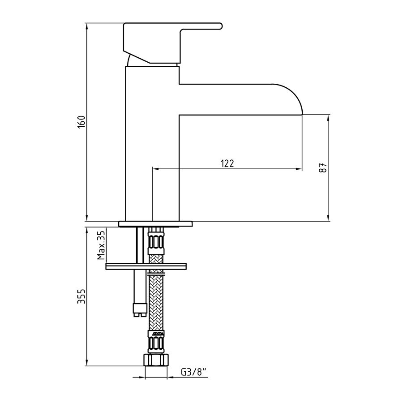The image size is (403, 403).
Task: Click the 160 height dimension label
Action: click(x=81, y=122)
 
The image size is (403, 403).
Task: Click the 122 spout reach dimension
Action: click(x=227, y=163)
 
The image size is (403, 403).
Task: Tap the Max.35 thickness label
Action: click(x=101, y=245)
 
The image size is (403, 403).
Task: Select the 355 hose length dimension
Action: click(x=81, y=296)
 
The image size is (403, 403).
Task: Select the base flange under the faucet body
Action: click(x=155, y=223)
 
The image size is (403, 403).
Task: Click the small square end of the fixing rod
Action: click(x=139, y=309)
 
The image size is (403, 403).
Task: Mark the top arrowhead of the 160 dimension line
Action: click(x=86, y=26)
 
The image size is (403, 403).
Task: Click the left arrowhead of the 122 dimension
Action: click(x=156, y=169)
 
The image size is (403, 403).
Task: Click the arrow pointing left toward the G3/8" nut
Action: click(x=170, y=377)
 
